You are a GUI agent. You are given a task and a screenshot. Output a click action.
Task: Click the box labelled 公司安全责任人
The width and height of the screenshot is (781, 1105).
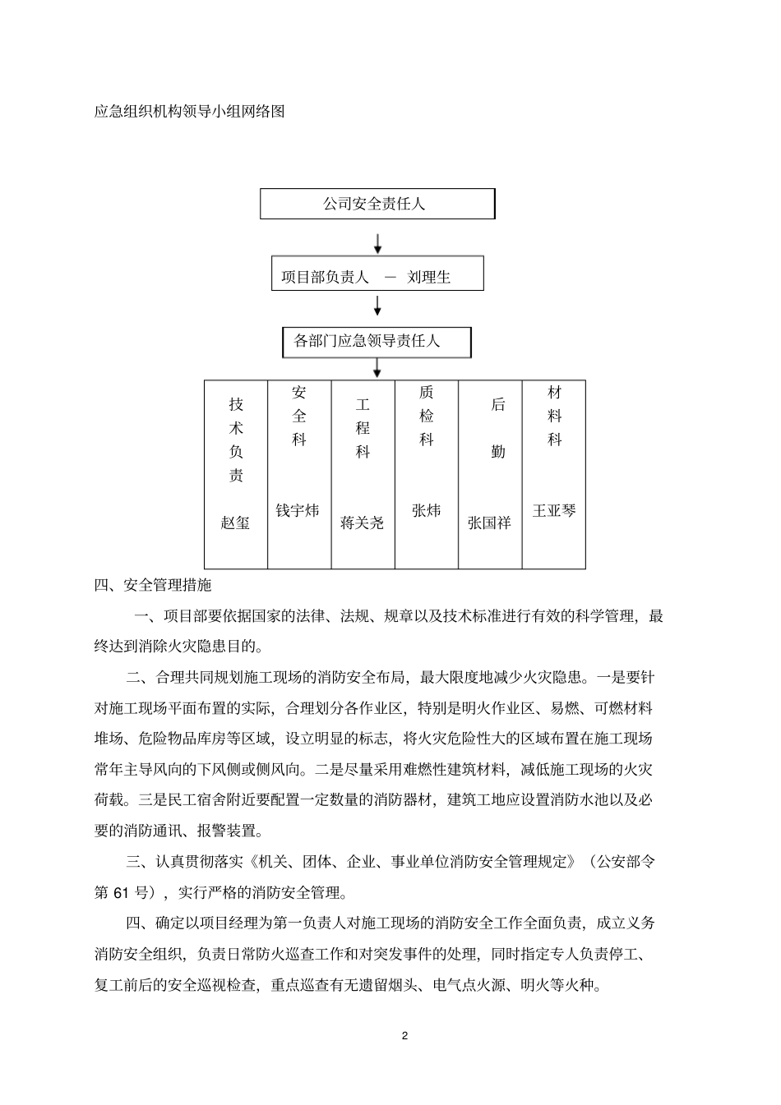[x=377, y=204]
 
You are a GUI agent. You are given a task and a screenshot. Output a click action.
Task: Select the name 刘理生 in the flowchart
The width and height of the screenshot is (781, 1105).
[x=429, y=278]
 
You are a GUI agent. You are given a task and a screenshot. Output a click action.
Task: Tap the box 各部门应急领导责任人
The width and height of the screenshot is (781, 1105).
[x=377, y=342]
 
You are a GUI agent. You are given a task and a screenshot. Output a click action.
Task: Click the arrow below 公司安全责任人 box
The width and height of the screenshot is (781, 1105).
[x=377, y=243]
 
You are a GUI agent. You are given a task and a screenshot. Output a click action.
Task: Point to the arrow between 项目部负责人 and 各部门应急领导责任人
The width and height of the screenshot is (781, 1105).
[x=377, y=306]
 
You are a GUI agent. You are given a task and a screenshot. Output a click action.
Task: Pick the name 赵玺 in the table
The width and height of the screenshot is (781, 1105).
[x=235, y=523]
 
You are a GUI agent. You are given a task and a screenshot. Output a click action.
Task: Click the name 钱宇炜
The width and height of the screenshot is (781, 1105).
[x=297, y=511]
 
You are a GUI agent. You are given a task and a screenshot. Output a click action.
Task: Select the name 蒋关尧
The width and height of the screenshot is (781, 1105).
[x=362, y=523]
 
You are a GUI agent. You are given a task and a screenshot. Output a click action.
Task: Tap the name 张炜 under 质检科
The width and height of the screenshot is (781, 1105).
[x=426, y=511]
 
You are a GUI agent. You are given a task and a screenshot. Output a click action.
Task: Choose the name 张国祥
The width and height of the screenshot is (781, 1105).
[x=489, y=523]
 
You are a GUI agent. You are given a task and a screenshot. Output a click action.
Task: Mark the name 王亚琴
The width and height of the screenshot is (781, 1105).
[x=553, y=511]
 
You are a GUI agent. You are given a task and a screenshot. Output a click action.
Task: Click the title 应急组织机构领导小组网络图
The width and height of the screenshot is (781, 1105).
[x=190, y=112]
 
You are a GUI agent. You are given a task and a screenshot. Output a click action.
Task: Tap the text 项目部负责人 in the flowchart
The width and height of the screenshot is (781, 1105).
[x=325, y=278]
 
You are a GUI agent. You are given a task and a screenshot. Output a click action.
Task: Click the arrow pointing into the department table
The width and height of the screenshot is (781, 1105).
[x=377, y=368]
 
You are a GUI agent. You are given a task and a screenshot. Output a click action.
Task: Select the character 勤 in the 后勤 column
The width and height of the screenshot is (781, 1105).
[x=498, y=452]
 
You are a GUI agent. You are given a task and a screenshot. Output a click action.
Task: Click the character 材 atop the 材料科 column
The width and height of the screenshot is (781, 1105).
[x=555, y=393]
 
